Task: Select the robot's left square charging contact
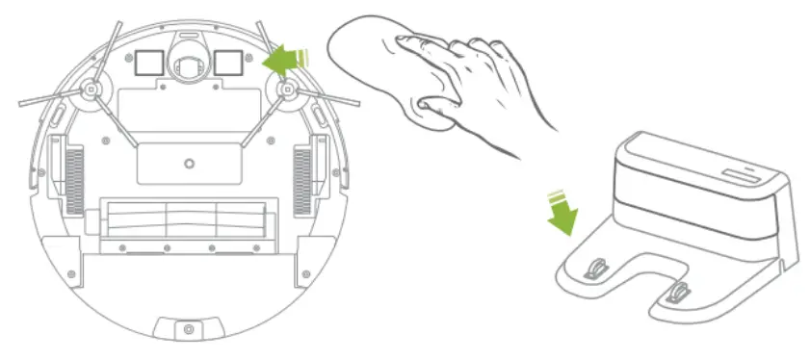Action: click(147, 62)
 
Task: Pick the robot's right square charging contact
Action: click(228, 62)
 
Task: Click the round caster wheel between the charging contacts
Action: click(189, 61)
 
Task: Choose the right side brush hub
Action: click(286, 89)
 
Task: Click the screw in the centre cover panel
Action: click(189, 162)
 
